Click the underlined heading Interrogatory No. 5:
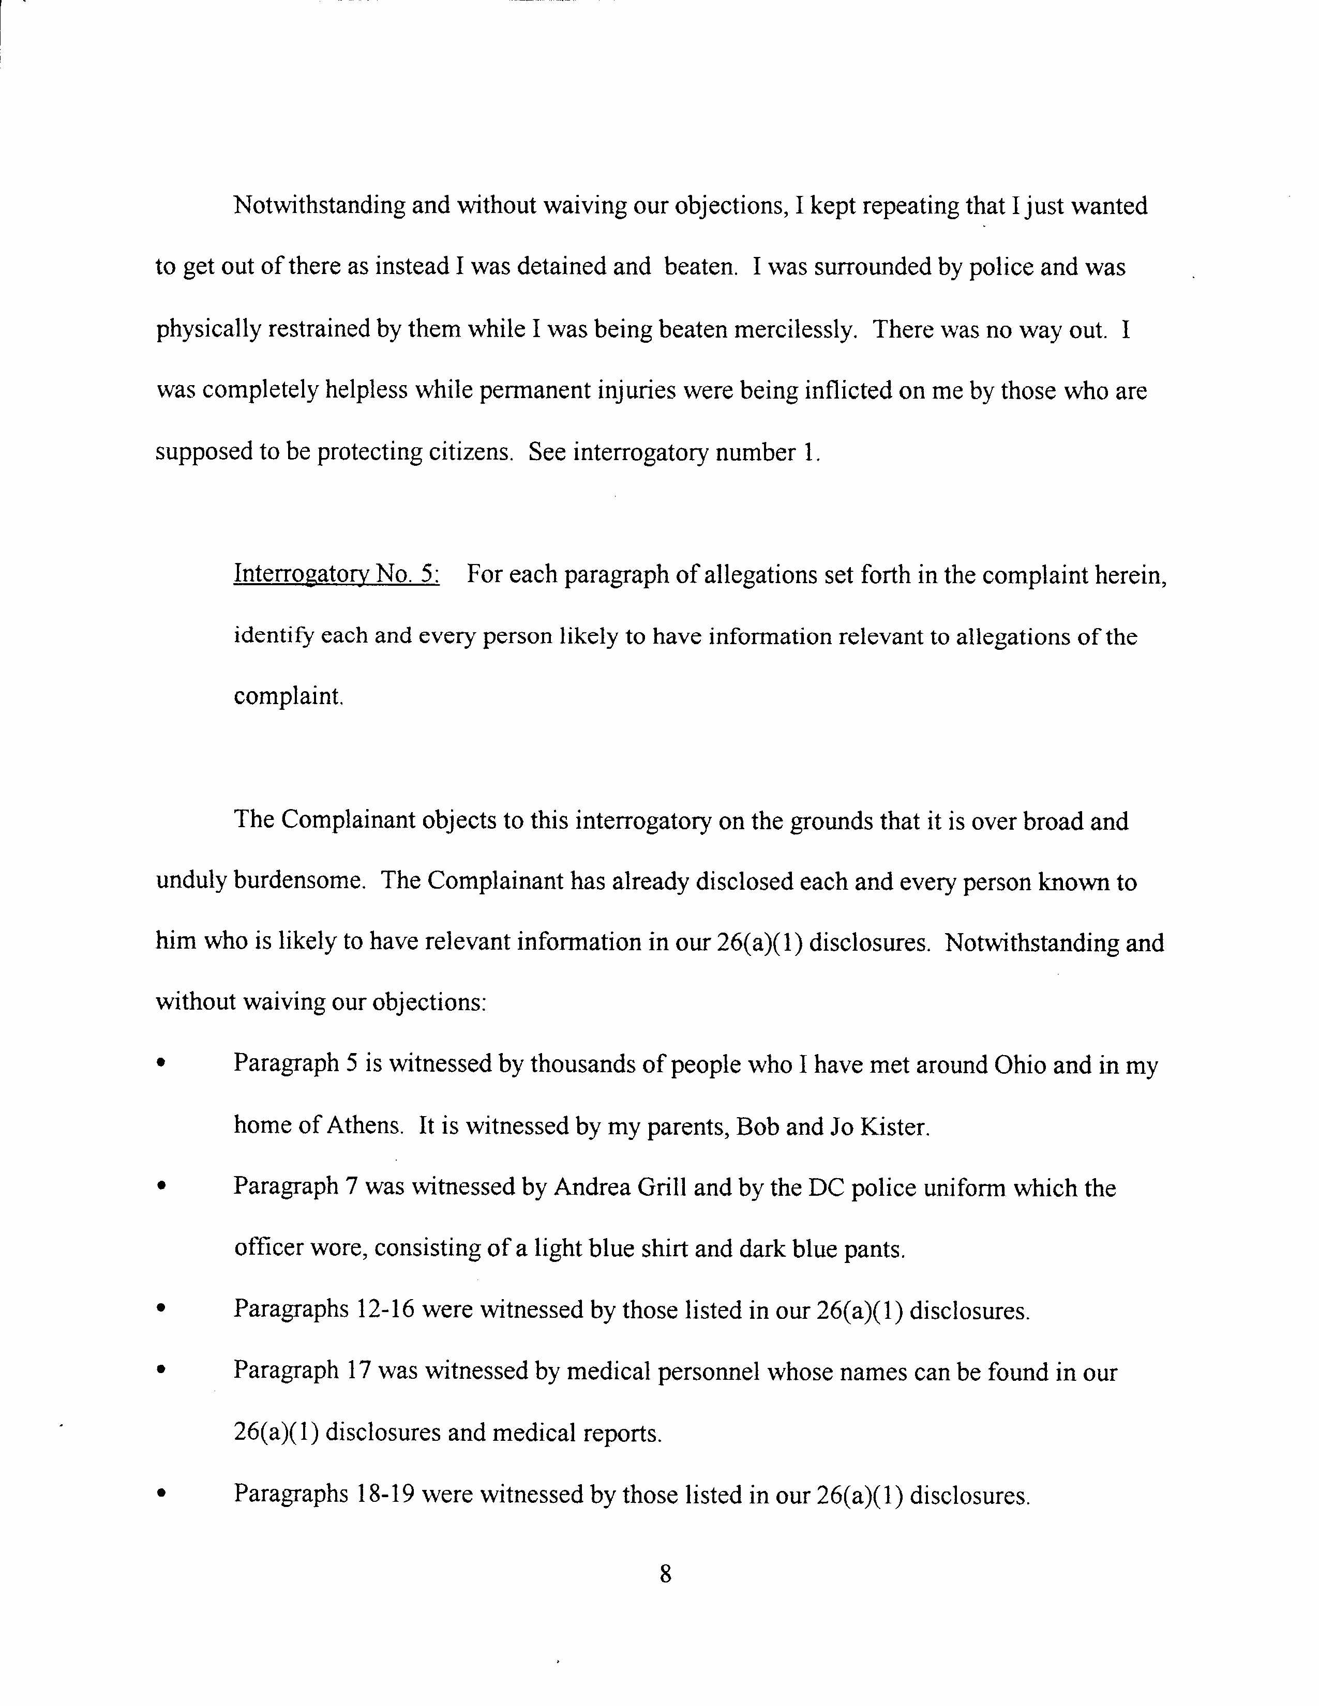click(x=336, y=575)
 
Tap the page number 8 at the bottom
click(x=665, y=1574)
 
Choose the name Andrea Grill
click(x=620, y=1187)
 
